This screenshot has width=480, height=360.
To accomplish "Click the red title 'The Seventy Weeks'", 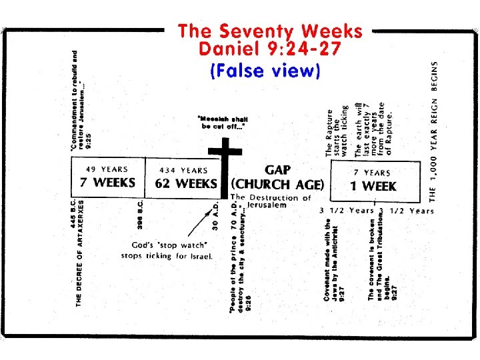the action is (270, 31).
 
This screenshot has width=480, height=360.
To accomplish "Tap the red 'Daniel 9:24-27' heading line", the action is (270, 48).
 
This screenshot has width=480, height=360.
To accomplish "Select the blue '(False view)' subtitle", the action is (265, 70).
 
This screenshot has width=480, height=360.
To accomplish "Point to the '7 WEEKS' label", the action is (108, 183).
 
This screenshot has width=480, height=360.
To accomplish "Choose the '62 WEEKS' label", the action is (186, 183).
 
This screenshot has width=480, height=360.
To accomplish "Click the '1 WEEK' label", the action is (373, 187).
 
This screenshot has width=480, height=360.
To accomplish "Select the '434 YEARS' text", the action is (183, 170).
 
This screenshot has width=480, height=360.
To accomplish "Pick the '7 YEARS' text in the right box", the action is (373, 173).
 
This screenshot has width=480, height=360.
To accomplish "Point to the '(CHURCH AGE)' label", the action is (277, 185).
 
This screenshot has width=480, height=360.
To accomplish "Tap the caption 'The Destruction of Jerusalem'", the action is (270, 201).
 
